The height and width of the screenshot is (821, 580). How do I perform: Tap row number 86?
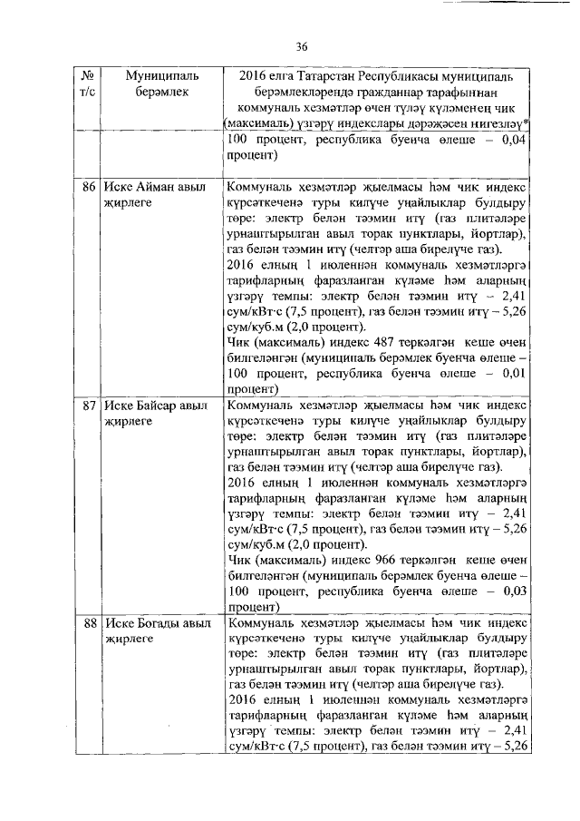(x=89, y=187)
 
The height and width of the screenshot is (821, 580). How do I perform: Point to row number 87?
(x=89, y=405)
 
